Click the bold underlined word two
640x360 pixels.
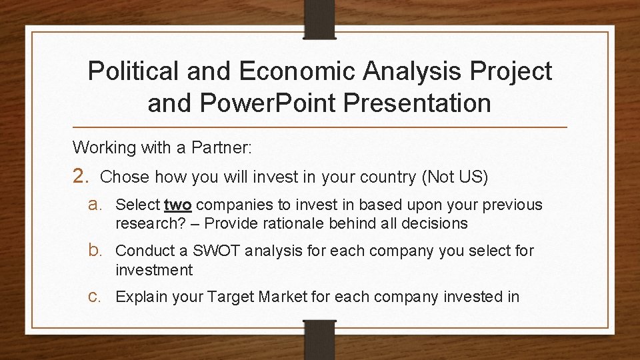point(177,205)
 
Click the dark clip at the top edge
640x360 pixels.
point(321,17)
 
